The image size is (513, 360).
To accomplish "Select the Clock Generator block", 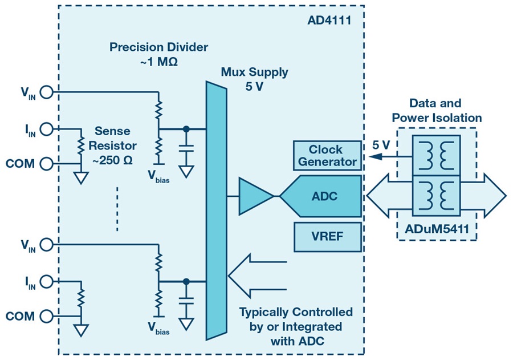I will coord(328,156).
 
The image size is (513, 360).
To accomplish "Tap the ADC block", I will coord(322,196).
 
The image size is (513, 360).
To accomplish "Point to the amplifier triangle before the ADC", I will coord(254,196).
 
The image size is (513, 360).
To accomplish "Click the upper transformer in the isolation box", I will coord(435,154).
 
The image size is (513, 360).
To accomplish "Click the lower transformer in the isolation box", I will coord(435,196).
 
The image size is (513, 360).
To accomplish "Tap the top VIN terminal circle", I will coord(46,91).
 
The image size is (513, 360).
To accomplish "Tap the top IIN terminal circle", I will coord(46,128).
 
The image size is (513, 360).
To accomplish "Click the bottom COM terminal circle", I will coord(46,316).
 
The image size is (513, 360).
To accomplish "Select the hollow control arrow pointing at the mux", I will coord(256,276).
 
